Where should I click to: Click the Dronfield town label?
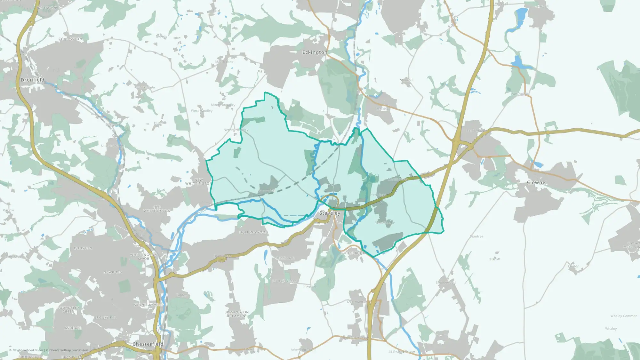tap(32, 80)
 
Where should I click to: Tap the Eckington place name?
tap(315, 52)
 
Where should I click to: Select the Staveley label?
tap(330, 213)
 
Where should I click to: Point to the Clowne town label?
tap(536, 182)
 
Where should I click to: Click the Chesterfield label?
tap(148, 344)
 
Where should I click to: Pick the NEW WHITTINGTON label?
tap(198, 182)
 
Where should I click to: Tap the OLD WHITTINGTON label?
tap(157, 209)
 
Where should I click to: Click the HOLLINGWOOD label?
tap(253, 232)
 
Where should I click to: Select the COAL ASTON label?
tap(70, 39)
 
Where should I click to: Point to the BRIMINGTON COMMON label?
tap(236, 314)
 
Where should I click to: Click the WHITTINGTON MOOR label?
tap(143, 257)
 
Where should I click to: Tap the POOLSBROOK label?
tap(353, 253)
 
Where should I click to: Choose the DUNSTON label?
tap(83, 248)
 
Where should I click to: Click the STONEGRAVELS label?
tap(148, 305)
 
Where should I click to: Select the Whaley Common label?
tap(624, 316)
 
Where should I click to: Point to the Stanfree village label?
tap(476, 236)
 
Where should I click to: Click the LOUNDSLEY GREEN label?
tap(68, 309)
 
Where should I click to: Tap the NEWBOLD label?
tap(113, 272)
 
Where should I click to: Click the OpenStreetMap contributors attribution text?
tap(69, 350)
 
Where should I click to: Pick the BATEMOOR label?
tap(47, 8)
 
